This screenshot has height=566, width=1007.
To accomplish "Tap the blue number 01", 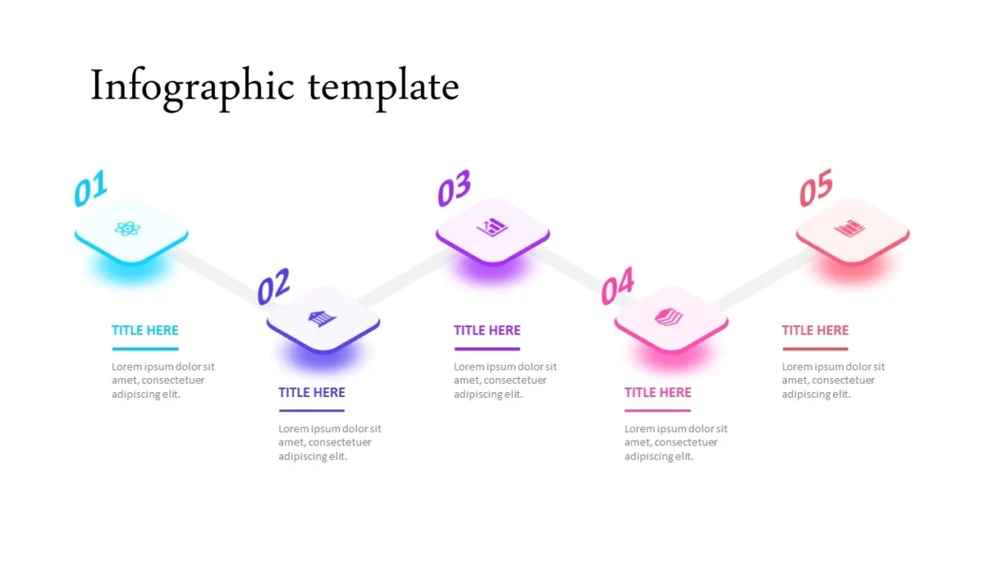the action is pos(90,188).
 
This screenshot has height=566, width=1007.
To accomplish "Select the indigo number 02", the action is pos(274,286).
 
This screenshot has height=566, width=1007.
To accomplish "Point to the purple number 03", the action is pos(454,188).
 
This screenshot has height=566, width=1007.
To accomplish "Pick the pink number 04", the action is pos(617,286).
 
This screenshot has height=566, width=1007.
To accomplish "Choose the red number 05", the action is pos(816,187).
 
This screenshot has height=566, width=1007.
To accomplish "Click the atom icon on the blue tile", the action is pos(127,229).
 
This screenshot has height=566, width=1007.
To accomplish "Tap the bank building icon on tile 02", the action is pos(322,317).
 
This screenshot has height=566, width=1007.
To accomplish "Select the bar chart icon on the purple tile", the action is pos(492,227).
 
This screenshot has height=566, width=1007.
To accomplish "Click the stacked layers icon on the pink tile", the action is pos(669,317).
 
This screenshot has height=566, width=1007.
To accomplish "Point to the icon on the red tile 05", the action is pos(849,228).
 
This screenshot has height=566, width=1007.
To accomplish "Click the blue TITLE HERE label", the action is pos(145,330).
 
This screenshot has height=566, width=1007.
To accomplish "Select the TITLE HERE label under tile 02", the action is pos(312,392).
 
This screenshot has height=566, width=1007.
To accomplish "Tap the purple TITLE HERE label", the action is pos(486,330).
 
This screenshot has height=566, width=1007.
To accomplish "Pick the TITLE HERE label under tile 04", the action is pos(657,392).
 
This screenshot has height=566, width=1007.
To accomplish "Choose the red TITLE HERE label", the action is pos(815,330).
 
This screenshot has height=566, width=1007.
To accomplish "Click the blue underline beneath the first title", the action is pos(145,349).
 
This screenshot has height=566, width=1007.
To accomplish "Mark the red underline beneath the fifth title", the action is pos(815,349).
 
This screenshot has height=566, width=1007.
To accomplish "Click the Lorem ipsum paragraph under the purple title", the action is pos(505,381).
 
